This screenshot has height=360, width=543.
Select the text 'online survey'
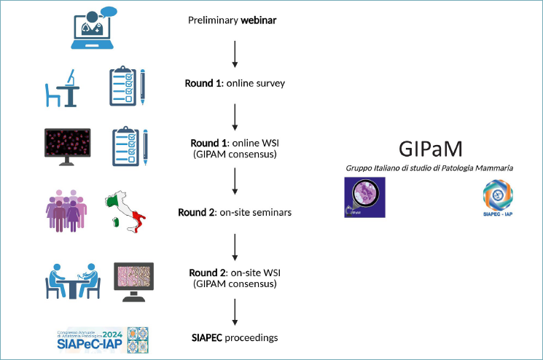click(x=255, y=83)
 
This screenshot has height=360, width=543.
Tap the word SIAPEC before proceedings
click(x=206, y=337)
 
